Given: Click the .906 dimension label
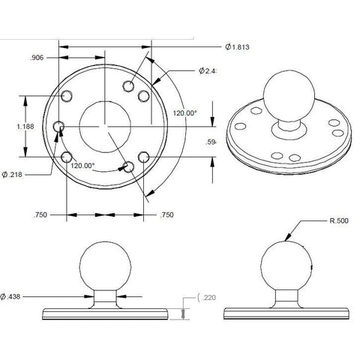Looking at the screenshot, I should [x=37, y=56].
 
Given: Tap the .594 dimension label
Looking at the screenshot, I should [x=211, y=141].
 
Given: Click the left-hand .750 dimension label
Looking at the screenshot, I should [x=43, y=215].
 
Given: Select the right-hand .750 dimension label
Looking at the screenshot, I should [x=168, y=215].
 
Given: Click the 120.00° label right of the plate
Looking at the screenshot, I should [x=184, y=112].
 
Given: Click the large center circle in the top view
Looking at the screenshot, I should [x=105, y=125].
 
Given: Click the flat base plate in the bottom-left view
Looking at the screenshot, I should [x=105, y=311].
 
